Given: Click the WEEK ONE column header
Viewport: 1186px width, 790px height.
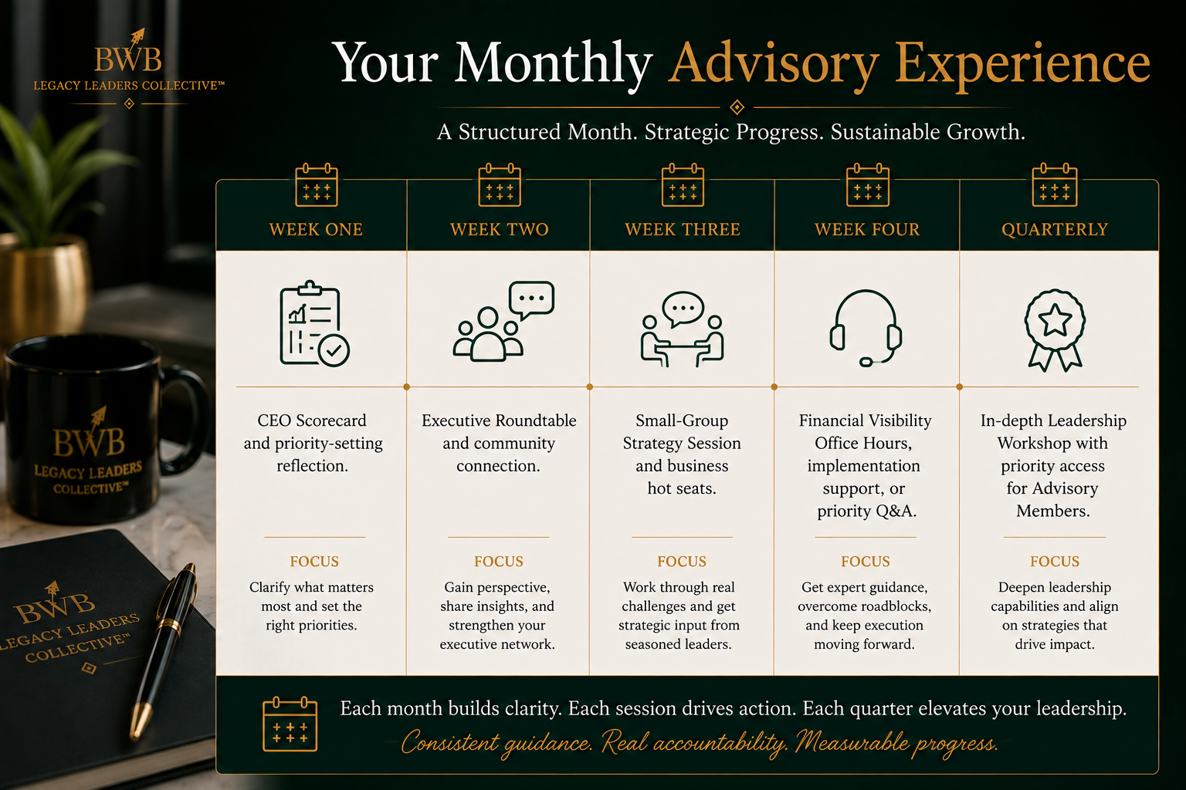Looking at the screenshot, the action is point(316,229).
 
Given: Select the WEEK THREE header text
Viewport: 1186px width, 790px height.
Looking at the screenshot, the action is point(683,229).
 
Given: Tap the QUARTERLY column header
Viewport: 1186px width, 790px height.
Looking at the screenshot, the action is point(1055,229).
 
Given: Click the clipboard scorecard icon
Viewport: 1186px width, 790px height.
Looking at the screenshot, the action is point(314,324).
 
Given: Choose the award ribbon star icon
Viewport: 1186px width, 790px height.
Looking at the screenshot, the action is point(1055,330).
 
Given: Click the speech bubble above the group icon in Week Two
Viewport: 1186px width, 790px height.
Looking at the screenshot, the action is point(531,299).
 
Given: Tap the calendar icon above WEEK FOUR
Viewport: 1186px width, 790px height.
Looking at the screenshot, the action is point(867,184).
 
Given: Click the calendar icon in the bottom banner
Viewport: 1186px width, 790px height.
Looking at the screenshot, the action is point(290,724).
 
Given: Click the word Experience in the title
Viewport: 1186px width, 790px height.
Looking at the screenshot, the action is point(1022,63).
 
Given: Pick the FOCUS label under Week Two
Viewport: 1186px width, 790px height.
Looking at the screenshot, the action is point(498,562).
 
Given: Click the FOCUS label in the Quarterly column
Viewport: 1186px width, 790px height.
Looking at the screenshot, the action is point(1055,562).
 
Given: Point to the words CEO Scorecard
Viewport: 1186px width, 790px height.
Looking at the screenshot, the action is point(312,420).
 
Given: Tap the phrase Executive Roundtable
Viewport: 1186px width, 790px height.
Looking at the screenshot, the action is point(499,420).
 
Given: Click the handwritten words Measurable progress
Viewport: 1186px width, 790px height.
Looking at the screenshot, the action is point(897,742).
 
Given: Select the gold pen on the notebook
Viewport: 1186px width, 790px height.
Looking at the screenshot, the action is point(163,651).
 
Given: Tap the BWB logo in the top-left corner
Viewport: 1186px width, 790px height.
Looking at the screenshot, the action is point(129,66).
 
